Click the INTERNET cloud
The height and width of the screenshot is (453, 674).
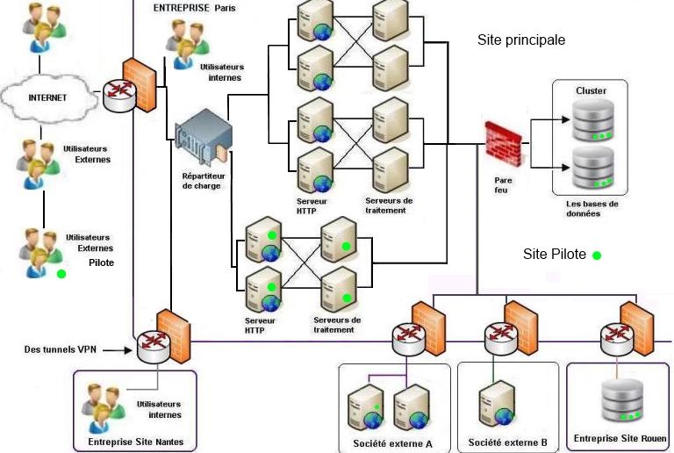[47, 97]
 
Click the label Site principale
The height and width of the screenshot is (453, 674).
[521, 40]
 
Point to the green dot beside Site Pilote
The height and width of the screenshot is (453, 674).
[597, 255]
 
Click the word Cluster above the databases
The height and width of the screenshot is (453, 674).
[591, 90]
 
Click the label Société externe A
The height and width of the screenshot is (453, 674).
[394, 443]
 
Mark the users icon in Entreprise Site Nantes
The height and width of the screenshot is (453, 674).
[105, 405]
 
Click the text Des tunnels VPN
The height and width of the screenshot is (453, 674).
[61, 349]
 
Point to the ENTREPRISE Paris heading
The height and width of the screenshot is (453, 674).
[195, 8]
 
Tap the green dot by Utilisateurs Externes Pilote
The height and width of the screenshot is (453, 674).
[61, 274]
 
